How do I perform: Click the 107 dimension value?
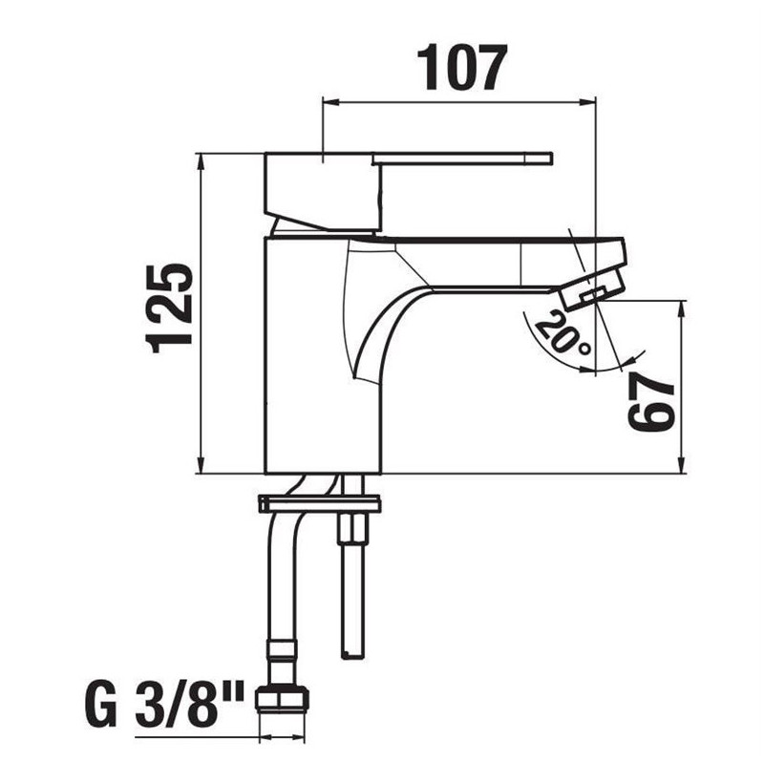point(462,67)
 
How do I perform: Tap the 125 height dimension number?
point(170,308)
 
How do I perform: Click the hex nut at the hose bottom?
point(282,699)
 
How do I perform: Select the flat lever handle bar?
point(463,159)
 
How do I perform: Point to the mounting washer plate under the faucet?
point(319,504)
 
